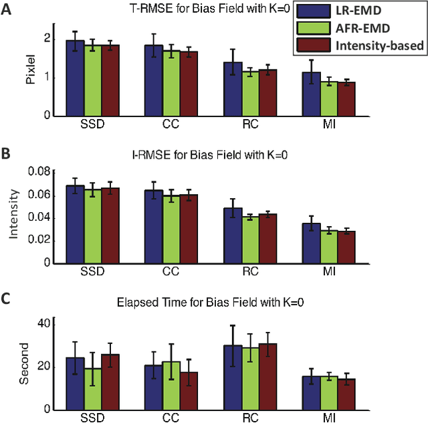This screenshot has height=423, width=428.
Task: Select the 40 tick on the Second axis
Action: (x=53, y=324)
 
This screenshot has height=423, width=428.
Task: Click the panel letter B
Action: (x=7, y=153)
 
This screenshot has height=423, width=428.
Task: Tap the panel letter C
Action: (x=7, y=298)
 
